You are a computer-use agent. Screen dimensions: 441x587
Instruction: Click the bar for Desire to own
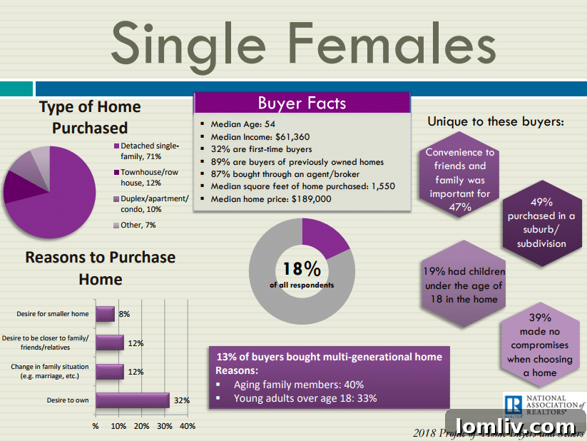(132, 400)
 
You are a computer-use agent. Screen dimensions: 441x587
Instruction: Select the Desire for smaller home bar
(105, 313)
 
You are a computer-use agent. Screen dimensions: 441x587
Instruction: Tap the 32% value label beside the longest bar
(181, 400)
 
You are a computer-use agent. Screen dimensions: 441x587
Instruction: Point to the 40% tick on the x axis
(187, 426)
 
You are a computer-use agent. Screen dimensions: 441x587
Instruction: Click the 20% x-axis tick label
(141, 426)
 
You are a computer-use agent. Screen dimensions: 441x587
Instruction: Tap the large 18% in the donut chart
(302, 269)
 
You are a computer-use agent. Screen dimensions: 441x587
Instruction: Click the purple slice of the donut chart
(322, 236)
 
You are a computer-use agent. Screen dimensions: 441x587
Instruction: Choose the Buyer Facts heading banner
(302, 103)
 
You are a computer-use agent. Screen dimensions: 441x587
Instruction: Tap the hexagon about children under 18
(462, 285)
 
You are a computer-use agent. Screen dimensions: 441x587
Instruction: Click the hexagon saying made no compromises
(540, 345)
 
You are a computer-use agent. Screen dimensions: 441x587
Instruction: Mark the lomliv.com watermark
(515, 424)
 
